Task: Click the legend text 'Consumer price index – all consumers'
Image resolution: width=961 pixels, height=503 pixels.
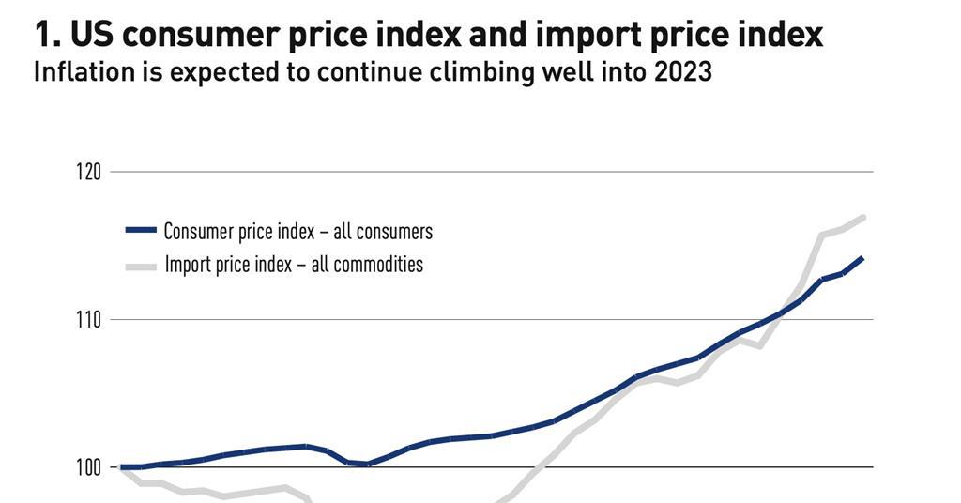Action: [x=297, y=231]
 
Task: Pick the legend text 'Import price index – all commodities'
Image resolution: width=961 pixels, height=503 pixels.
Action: [x=294, y=265]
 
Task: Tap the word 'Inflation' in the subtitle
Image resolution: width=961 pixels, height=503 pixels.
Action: [x=77, y=72]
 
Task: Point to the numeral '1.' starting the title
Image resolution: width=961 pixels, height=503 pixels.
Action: [x=46, y=35]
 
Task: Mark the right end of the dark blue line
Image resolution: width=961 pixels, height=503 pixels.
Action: [x=862, y=257]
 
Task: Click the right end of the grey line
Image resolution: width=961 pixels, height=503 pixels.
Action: [x=863, y=217]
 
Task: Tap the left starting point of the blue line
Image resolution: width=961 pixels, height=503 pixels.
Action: [x=122, y=466]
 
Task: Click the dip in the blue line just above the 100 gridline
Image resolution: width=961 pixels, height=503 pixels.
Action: [x=367, y=464]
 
